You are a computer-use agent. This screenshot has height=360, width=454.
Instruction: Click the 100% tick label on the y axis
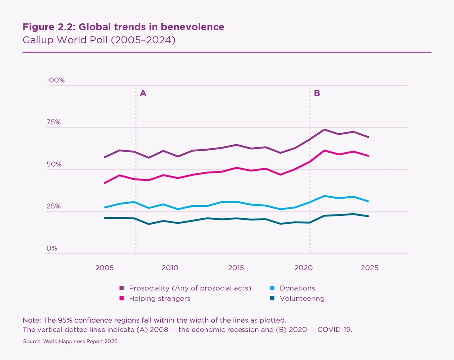coord(55,80)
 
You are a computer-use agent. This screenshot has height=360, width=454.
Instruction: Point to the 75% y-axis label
coord(54,122)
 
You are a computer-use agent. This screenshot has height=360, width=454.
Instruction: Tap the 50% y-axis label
coord(54,164)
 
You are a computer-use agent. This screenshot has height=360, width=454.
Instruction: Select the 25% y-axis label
coord(54,206)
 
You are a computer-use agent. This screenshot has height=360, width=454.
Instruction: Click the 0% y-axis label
coord(52,248)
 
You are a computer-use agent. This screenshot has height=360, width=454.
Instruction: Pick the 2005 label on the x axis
coord(105,268)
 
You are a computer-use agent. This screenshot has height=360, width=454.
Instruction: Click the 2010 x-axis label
coord(170,268)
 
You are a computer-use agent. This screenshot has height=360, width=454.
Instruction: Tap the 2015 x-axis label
coord(236,268)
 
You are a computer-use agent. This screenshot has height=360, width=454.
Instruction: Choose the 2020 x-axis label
coord(303,268)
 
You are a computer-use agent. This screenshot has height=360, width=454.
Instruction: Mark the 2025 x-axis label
coord(369,268)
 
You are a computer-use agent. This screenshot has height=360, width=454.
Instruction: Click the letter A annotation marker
coord(143,93)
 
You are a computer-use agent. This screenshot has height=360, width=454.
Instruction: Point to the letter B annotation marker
coord(317,93)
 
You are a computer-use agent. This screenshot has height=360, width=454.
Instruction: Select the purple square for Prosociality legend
coord(122,288)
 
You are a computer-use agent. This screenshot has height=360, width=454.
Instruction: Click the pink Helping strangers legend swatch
coord(122,298)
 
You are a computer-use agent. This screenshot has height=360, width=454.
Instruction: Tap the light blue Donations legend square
coord(273,288)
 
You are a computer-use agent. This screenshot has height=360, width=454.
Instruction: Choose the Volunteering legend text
coord(302,298)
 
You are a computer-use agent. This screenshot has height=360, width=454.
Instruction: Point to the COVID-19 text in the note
coord(334,330)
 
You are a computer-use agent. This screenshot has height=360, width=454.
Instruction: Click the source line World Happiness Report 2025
coord(70,342)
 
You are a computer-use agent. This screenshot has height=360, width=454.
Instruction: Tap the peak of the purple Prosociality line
coord(324,130)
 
